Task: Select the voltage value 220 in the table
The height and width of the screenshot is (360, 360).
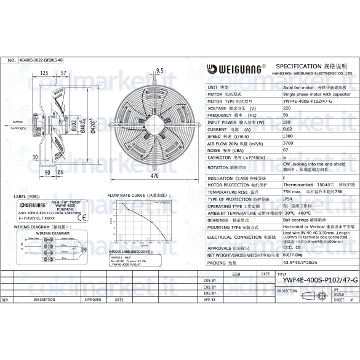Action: click(x=287, y=108)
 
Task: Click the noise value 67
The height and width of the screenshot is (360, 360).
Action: click(x=286, y=150)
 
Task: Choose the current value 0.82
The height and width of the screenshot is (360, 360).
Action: click(x=287, y=129)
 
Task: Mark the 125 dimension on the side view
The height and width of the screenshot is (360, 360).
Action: click(x=44, y=73)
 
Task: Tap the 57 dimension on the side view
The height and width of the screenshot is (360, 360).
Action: click(x=63, y=73)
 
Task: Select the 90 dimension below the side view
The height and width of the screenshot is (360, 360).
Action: click(x=47, y=172)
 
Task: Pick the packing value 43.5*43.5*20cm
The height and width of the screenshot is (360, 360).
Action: click(x=298, y=262)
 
